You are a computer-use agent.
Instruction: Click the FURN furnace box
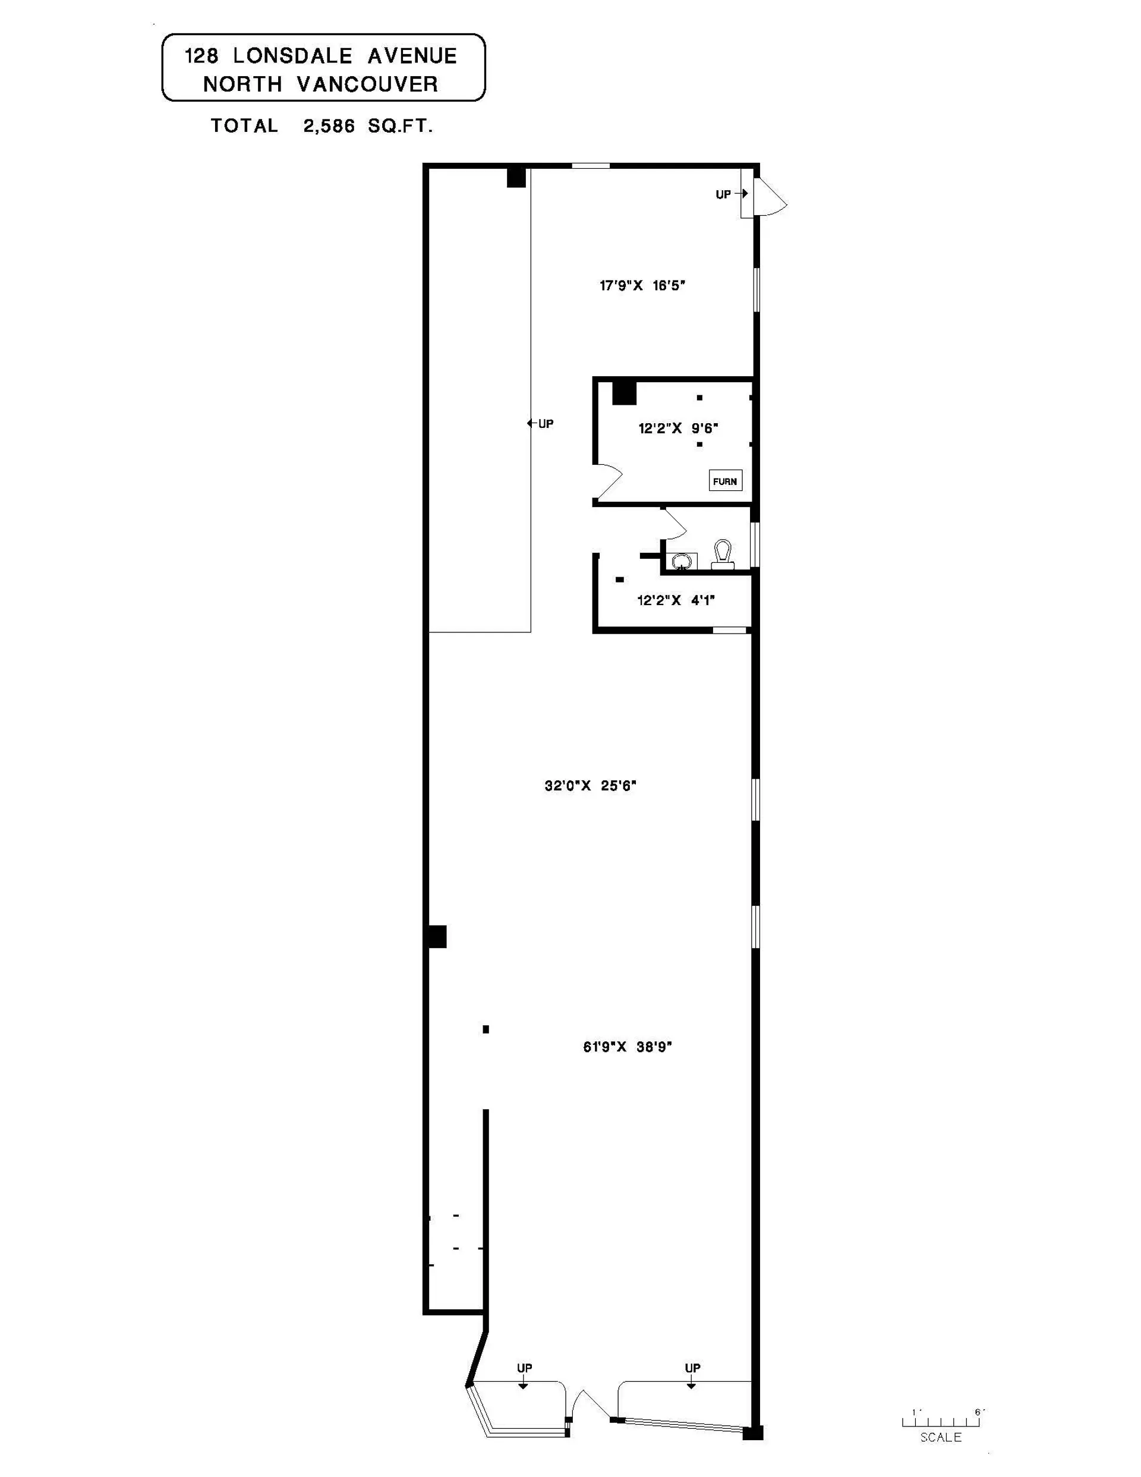725,481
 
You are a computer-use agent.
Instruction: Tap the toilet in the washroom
723,555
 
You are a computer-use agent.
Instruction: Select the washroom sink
682,561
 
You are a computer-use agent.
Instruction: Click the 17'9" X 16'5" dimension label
642,285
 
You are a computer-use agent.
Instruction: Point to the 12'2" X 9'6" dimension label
677,428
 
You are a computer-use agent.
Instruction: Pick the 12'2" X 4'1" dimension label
676,600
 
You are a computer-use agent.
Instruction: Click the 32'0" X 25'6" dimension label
591,785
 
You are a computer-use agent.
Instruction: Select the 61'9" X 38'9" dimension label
627,1047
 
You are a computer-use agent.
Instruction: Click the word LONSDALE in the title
293,55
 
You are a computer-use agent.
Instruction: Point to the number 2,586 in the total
329,126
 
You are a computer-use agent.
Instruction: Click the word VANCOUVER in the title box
367,84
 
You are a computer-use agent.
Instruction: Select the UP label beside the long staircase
545,424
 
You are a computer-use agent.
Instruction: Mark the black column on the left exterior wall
436,937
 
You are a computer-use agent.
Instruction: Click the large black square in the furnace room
623,393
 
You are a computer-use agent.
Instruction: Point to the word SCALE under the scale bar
940,1438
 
